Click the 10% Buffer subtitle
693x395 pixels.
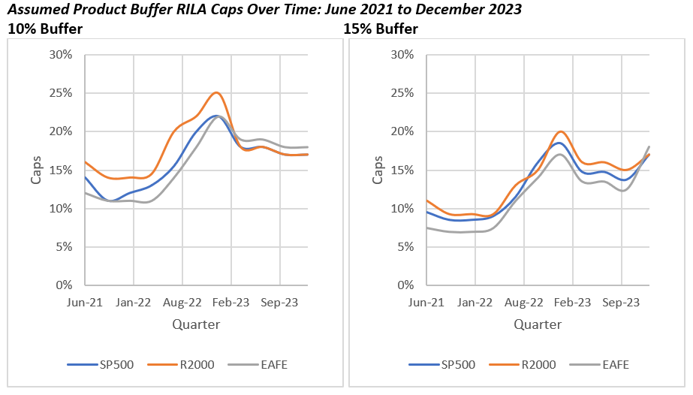44,29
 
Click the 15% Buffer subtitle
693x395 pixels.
381,29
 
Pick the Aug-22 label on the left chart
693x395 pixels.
182,303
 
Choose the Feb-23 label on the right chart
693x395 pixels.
572,303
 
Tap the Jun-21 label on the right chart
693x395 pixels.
426,303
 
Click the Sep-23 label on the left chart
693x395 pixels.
279,303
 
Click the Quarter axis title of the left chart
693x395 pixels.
196,324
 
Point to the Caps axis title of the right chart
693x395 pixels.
378,170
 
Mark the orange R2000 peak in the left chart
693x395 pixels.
216,92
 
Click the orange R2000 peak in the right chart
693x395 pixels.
561,131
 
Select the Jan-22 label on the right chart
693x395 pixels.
475,303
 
